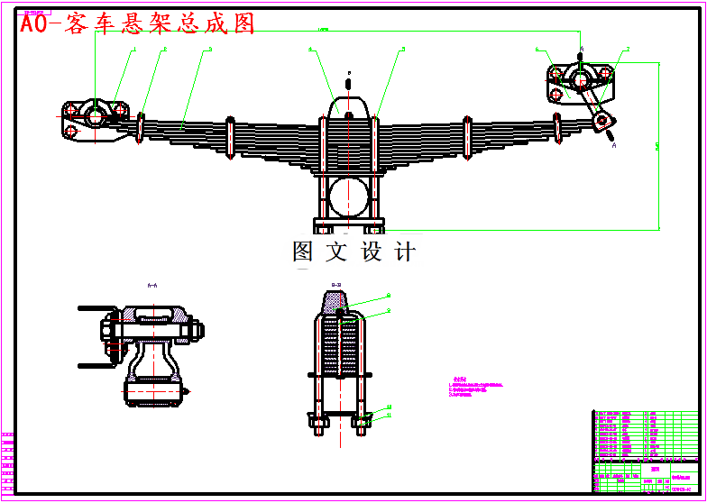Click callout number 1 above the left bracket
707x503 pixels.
134,50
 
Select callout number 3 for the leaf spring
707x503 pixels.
209,50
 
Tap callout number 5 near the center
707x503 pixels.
403,49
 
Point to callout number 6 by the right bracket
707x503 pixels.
537,50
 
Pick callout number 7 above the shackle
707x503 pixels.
628,50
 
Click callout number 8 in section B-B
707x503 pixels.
389,310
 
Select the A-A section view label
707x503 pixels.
151,285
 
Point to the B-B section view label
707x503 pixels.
336,285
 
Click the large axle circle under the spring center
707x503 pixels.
348,196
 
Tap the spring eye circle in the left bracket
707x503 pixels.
95,114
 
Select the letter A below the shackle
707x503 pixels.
614,144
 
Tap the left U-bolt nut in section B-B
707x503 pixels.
318,422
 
